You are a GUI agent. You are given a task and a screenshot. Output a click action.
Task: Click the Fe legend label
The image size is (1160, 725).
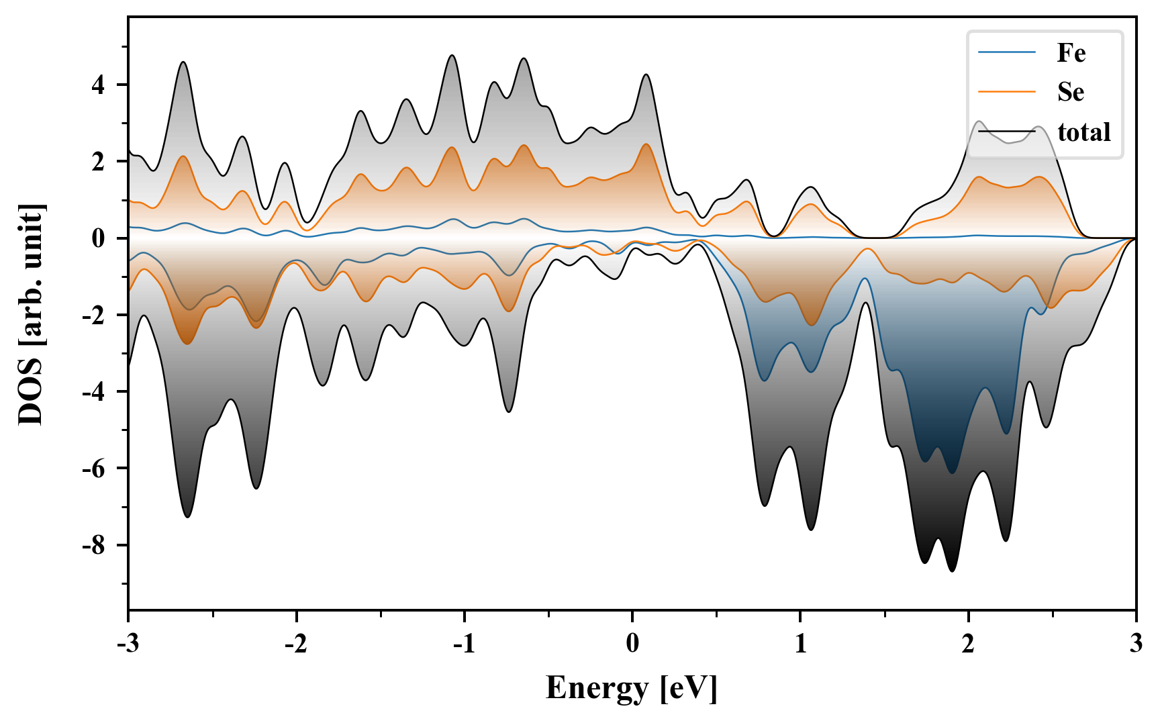[x=1071, y=52]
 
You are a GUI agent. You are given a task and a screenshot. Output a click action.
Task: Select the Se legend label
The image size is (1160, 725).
[x=1071, y=92]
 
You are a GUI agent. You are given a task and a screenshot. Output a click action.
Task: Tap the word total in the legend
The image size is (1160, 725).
[x=1084, y=132]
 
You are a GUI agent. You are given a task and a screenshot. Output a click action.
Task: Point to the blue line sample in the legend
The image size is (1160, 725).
[x=1007, y=52]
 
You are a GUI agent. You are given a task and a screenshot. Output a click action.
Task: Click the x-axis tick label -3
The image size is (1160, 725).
[x=128, y=644]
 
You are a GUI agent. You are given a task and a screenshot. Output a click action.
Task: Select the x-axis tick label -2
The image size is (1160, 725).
[x=296, y=644]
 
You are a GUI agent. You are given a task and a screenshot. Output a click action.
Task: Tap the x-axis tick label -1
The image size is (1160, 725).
[x=464, y=644]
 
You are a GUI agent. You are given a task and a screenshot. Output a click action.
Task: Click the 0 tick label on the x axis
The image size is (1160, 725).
[x=632, y=644]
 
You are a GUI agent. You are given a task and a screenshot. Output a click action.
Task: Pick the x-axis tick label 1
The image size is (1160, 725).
[x=800, y=644]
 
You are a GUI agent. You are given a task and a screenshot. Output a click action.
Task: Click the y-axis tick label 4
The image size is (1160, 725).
[x=99, y=85]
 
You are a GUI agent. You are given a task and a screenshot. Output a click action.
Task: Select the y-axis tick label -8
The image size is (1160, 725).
[x=94, y=545]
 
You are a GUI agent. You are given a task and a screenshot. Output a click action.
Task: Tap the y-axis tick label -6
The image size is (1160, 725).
[x=94, y=469]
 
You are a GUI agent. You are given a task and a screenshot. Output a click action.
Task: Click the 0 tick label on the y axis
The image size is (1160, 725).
[x=99, y=238]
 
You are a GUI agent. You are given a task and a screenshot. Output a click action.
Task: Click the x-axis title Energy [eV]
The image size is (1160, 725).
[x=632, y=688]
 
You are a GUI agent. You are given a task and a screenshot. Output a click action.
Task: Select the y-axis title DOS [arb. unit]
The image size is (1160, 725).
[x=31, y=313]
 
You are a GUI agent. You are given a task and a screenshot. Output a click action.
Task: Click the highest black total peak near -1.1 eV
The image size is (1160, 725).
[x=452, y=55]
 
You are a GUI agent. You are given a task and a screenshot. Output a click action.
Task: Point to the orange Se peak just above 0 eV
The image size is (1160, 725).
[x=646, y=144]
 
